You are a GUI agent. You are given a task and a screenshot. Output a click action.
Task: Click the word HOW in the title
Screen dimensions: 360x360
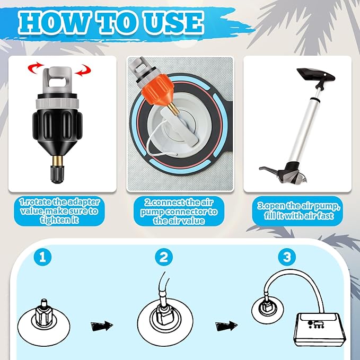tap(54, 22)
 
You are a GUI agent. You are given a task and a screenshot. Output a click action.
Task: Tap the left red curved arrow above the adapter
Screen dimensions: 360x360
tap(35, 68)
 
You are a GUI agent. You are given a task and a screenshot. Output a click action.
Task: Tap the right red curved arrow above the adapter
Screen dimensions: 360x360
tap(83, 70)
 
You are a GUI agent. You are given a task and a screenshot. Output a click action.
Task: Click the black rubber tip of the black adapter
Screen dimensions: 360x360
tap(57, 174)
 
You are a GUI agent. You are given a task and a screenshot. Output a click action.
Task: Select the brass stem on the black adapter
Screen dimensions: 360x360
tap(57, 160)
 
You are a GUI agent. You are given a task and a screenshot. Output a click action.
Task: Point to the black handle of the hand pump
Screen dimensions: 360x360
tap(316, 75)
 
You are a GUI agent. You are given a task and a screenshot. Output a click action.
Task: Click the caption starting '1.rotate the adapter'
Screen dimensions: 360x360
tap(59, 211)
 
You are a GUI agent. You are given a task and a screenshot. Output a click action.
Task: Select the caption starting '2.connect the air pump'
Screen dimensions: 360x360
tap(179, 212)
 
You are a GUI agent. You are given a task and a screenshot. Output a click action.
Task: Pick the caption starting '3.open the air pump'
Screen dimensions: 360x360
tap(298, 211)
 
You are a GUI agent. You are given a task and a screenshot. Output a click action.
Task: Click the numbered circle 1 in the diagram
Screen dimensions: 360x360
tap(43, 257)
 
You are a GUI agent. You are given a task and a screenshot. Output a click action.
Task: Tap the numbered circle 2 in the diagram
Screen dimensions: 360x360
tap(164, 257)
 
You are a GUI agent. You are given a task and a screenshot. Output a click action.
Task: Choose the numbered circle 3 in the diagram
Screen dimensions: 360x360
tap(287, 257)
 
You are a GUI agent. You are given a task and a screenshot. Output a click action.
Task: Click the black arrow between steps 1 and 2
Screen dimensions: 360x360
tap(102, 326)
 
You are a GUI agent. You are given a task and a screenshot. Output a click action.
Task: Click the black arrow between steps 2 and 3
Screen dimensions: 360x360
tap(226, 326)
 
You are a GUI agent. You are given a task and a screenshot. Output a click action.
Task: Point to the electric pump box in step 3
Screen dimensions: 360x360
tap(320, 330)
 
